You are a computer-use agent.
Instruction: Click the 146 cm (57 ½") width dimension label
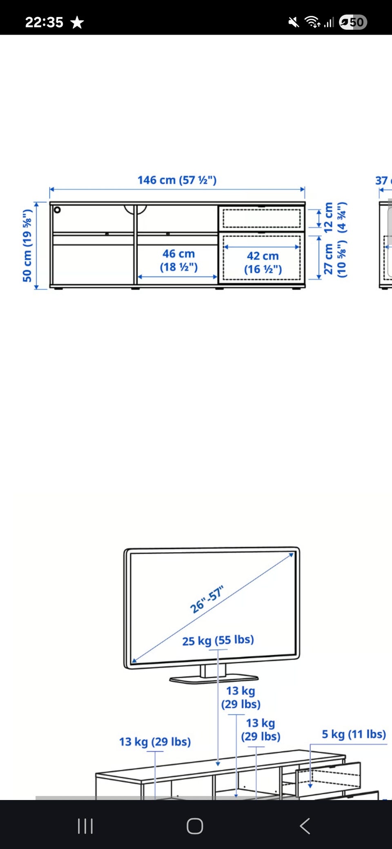pyautogui.click(x=177, y=180)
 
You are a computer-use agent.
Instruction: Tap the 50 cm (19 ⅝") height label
pyautogui.click(x=27, y=245)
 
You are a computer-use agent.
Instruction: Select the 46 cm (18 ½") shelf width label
pyautogui.click(x=179, y=260)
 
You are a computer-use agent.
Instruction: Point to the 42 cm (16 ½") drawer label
pyautogui.click(x=263, y=262)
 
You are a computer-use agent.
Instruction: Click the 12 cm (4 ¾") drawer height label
pyautogui.click(x=335, y=218)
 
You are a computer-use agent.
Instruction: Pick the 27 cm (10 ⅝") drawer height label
pyautogui.click(x=335, y=260)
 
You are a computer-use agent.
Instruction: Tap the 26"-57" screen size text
pyautogui.click(x=207, y=599)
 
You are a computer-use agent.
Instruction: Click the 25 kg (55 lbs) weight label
pyautogui.click(x=218, y=640)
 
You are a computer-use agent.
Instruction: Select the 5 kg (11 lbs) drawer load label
pyautogui.click(x=354, y=734)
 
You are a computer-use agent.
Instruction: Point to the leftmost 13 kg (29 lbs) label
pyautogui.click(x=155, y=741)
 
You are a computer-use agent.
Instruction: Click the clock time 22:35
pyautogui.click(x=44, y=22)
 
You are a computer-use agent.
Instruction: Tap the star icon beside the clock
pyautogui.click(x=77, y=22)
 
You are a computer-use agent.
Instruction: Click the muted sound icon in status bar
pyautogui.click(x=294, y=22)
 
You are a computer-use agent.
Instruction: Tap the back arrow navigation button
pyautogui.click(x=305, y=826)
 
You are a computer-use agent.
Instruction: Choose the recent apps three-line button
pyautogui.click(x=85, y=826)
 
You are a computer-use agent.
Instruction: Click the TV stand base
pyautogui.click(x=214, y=679)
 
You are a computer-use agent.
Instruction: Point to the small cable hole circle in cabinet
pyautogui.click(x=57, y=210)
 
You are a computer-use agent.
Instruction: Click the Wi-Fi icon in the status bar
pyautogui.click(x=312, y=22)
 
